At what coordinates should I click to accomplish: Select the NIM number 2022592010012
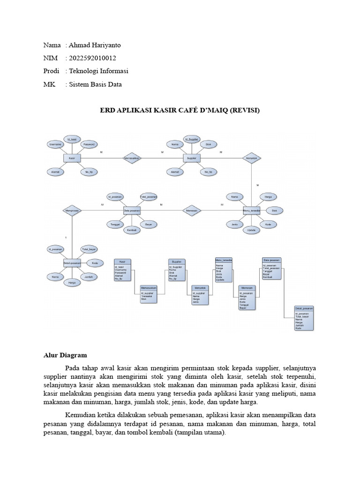[92, 58]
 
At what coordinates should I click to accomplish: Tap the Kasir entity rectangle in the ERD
[72, 158]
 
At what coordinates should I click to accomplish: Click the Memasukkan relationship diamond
[132, 158]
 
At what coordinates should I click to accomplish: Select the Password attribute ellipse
[90, 144]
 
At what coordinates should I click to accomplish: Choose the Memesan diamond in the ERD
[191, 211]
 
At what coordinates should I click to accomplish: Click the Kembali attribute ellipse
[132, 230]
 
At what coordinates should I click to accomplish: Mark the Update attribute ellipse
[251, 230]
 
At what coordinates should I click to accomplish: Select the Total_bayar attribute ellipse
[89, 249]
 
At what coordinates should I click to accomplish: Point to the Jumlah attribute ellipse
[88, 277]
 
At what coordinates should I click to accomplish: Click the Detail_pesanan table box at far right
[304, 318]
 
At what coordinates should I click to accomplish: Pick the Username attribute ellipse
[55, 144]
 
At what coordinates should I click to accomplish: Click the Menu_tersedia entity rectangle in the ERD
[251, 211]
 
